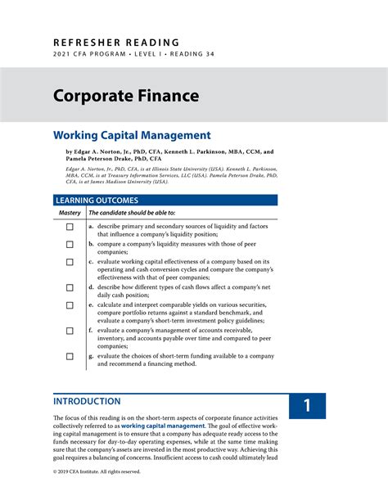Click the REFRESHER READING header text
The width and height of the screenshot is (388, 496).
tap(116, 42)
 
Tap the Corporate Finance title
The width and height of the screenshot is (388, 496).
tap(126, 96)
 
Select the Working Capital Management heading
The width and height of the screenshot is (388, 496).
tap(132, 135)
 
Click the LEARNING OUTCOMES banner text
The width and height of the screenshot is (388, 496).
tap(96, 200)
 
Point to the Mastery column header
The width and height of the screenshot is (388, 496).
tap(70, 213)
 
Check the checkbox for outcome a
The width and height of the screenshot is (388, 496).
tap(70, 227)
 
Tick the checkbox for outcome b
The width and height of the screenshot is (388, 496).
tap(70, 244)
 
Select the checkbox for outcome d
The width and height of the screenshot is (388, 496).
tap(70, 288)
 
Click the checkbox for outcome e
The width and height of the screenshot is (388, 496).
tap(70, 305)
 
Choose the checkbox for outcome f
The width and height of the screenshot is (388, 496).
tap(70, 331)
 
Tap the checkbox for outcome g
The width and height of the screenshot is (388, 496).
tap(70, 357)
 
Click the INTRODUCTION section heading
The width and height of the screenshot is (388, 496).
tap(87, 402)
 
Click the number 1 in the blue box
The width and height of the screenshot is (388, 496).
tap(307, 407)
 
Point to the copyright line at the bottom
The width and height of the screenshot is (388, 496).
tap(97, 471)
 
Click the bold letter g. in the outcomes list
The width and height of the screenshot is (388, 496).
tap(92, 357)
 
